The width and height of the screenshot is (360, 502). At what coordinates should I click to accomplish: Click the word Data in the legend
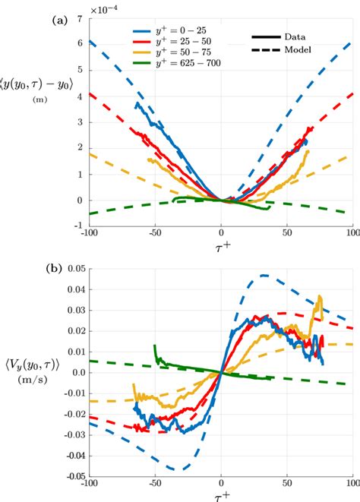point(298,36)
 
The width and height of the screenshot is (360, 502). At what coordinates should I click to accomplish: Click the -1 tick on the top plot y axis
point(79,226)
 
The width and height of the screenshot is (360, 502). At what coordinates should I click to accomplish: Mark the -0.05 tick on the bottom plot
point(73,476)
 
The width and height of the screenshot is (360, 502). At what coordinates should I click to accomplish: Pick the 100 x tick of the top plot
point(352,232)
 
